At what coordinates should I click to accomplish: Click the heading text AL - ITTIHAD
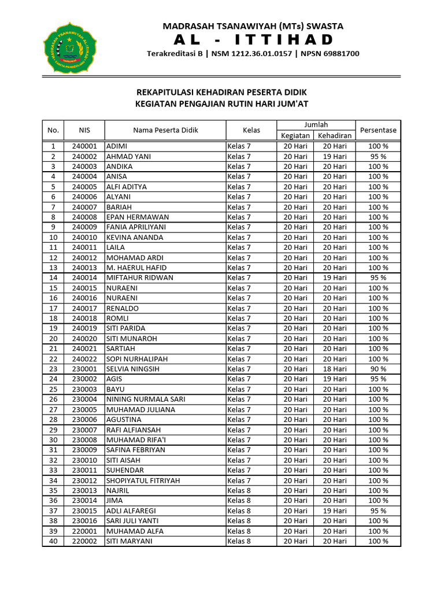(x=253, y=39)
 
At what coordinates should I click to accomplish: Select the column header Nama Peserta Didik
(x=165, y=130)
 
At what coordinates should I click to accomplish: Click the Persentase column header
(x=378, y=130)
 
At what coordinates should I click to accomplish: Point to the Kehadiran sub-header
(x=335, y=135)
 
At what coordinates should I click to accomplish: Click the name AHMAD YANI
(x=125, y=156)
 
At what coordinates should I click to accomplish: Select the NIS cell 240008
(x=84, y=217)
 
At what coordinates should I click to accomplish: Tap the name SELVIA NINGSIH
(x=132, y=369)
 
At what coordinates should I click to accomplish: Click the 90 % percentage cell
(x=378, y=369)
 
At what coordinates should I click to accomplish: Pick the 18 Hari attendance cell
(x=335, y=369)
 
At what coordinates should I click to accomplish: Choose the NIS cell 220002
(x=84, y=541)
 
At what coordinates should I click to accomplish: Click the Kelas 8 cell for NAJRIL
(x=239, y=490)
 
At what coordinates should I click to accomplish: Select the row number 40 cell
(x=53, y=541)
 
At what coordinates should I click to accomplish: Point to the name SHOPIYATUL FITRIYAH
(x=143, y=480)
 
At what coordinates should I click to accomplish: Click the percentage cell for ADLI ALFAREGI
(x=378, y=510)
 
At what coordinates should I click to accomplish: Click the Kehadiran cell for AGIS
(x=335, y=379)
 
